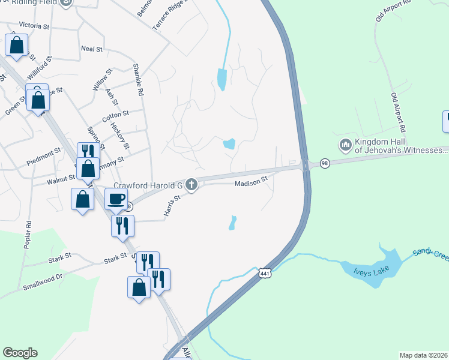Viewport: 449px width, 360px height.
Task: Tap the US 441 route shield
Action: coord(265,274)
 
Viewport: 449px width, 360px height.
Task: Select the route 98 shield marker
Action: coord(325,164)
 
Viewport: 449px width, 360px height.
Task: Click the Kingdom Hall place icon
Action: coord(345,145)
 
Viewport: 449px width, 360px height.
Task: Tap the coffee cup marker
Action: coord(116,199)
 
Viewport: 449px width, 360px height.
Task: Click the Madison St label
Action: coord(250,184)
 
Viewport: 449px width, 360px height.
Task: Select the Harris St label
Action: coord(172,205)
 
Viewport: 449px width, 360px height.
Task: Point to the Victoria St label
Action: coord(34,26)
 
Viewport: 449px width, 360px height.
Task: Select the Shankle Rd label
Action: coord(139,81)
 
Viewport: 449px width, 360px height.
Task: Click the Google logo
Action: coord(20,353)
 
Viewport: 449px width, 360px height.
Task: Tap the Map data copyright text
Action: coord(424,355)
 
